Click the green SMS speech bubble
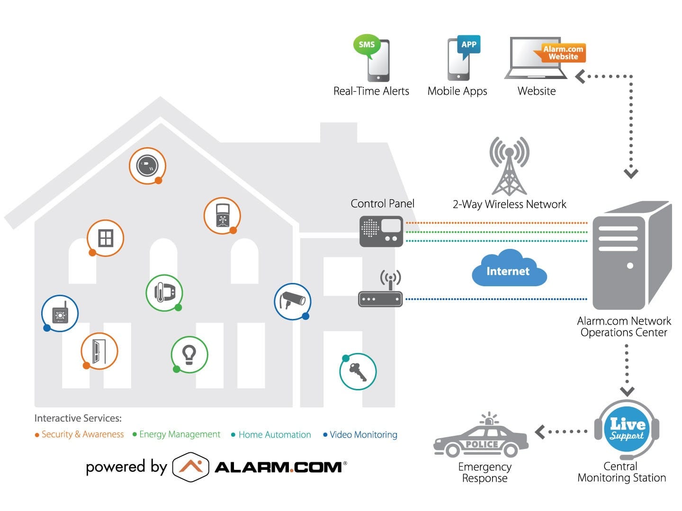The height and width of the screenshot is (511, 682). (366, 45)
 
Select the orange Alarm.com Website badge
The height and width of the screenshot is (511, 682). (560, 53)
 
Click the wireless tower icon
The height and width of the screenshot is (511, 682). (509, 166)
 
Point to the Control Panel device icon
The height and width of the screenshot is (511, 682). (381, 231)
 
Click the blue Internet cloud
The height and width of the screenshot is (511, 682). (509, 268)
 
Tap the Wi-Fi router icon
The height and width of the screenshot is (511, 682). (381, 289)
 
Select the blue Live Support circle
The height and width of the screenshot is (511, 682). (627, 429)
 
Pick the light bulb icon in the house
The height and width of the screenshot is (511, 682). (189, 355)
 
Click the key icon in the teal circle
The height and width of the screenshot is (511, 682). (358, 372)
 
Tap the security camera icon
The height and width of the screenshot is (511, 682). (292, 301)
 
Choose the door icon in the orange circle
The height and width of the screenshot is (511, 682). (99, 352)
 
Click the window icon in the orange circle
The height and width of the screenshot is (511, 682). (105, 238)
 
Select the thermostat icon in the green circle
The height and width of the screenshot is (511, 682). (164, 292)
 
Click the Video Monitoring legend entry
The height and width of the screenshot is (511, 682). (360, 435)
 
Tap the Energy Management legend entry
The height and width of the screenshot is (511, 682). (176, 435)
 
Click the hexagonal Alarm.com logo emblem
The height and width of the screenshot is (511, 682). (190, 467)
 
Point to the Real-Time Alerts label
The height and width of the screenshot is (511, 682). (371, 91)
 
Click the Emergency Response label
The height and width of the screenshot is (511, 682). (485, 473)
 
